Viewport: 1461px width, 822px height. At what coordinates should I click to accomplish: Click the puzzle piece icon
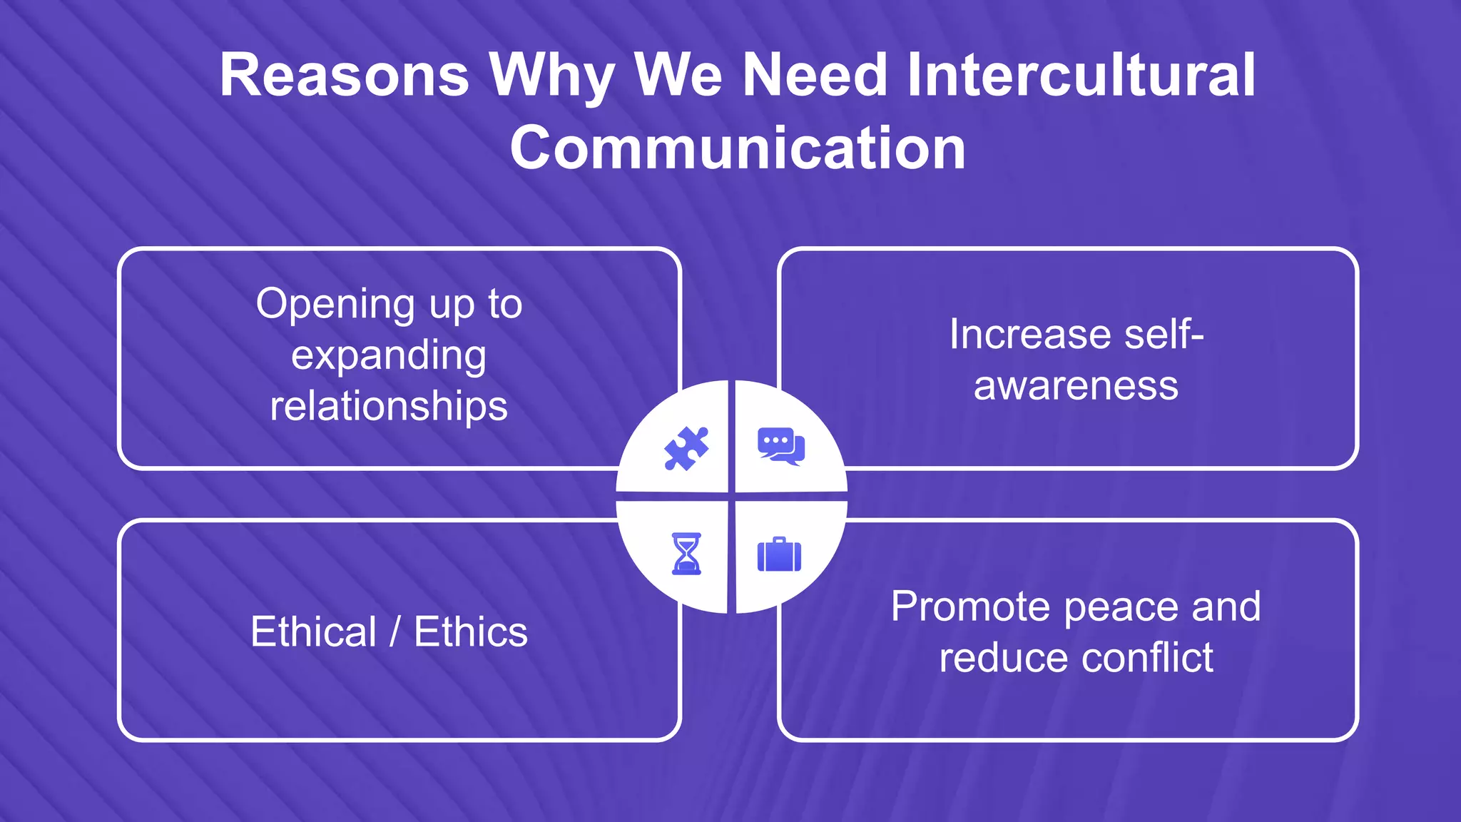coord(686,449)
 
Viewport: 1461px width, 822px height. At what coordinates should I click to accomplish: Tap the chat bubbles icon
coord(781,446)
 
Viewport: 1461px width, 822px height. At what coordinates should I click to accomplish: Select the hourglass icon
coord(686,554)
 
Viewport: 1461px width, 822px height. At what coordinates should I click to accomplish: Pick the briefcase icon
coord(779,554)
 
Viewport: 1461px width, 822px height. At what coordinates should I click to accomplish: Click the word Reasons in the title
coord(344,76)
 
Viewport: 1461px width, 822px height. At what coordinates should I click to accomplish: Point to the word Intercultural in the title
coord(1080,76)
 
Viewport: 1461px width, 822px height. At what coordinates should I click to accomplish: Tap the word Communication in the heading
coord(738,148)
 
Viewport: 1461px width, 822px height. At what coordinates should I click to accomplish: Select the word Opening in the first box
coord(335,305)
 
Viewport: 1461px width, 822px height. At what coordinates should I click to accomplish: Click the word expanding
coord(389,356)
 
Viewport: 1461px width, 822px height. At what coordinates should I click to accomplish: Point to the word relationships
coord(389,406)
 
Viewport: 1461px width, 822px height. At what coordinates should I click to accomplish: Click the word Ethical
coord(313,632)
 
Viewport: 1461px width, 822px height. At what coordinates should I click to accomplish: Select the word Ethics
coord(471,632)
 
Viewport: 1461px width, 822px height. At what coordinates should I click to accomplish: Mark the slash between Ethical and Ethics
coord(394,632)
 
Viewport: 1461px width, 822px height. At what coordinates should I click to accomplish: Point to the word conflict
coord(1147,657)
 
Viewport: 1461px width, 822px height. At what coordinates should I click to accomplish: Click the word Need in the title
coord(815,76)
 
